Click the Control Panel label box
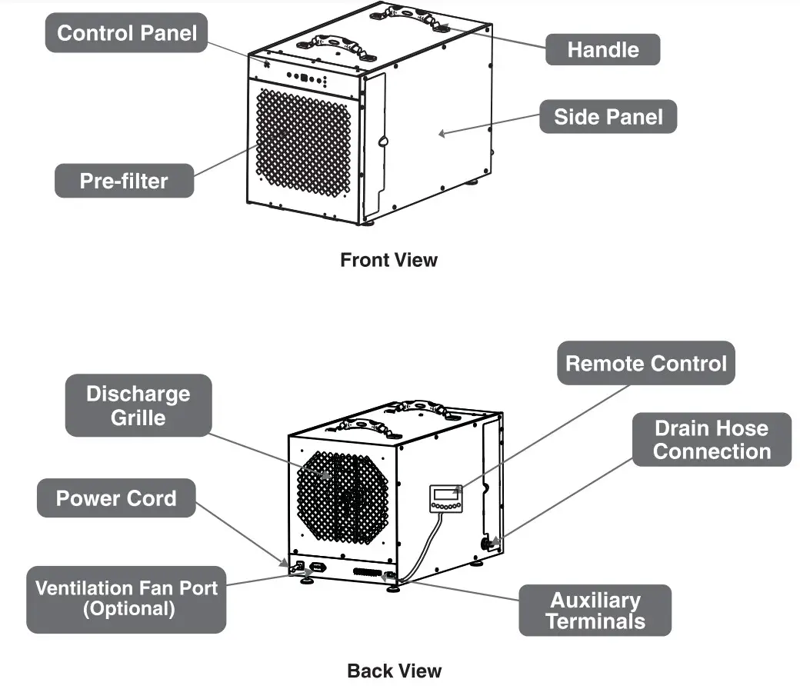coord(127,33)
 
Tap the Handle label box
coord(602,50)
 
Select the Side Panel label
coord(608,117)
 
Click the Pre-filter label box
coord(124,181)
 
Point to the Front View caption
coord(388,260)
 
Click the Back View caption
coord(395,671)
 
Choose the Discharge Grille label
coord(138,405)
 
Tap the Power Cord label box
coord(116,498)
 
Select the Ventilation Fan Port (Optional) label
coord(127,599)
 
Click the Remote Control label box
coord(645,363)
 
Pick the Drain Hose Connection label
coord(712,439)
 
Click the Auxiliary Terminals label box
coord(595,611)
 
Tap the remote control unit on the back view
coord(445,498)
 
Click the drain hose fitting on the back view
coord(488,544)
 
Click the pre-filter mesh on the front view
coord(303,142)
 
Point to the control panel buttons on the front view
coord(306,78)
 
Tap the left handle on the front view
coord(343,45)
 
